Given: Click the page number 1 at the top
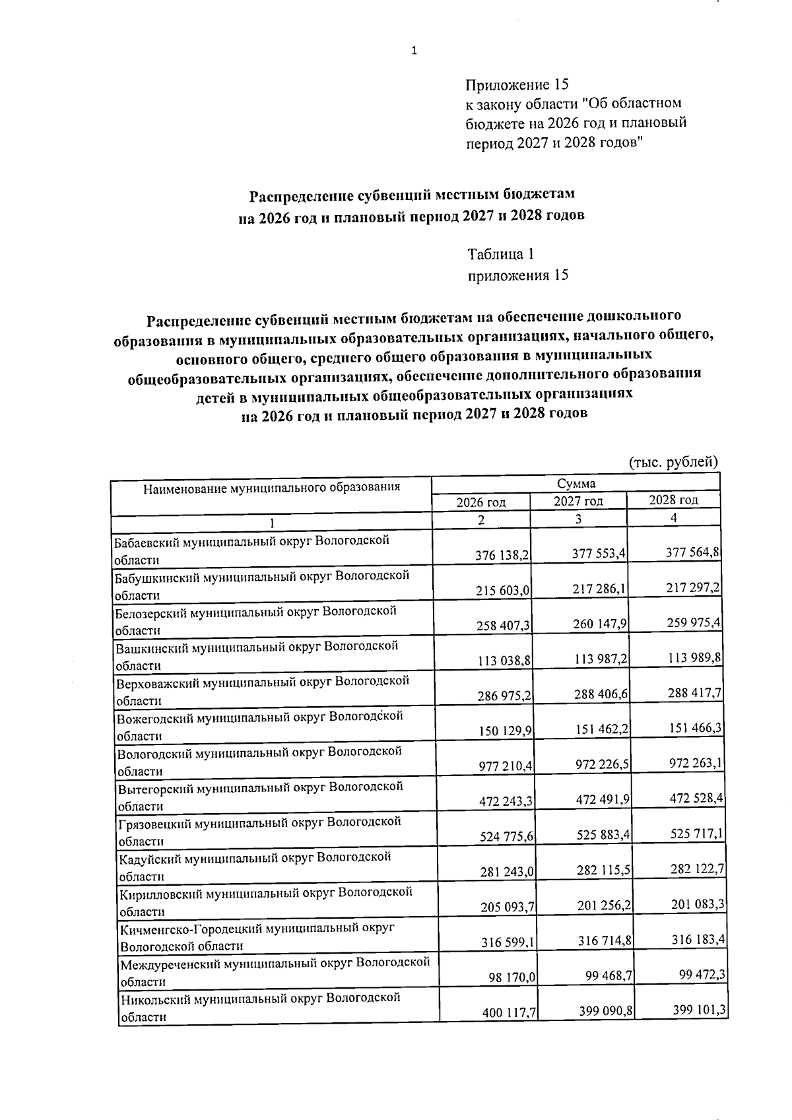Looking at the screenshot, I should (414, 51).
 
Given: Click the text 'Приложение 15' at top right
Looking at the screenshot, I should (516, 84).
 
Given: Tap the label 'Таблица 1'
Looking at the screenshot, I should (500, 254).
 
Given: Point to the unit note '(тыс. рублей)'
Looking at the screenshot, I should (673, 461).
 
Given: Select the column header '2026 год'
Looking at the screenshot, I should (481, 502).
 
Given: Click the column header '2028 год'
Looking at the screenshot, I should (673, 500).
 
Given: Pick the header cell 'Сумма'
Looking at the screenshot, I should (576, 484).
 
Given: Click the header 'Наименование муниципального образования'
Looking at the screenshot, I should (271, 488).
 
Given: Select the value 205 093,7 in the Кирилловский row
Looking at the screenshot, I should (508, 907).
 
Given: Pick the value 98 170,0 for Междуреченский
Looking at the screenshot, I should (512, 977).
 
